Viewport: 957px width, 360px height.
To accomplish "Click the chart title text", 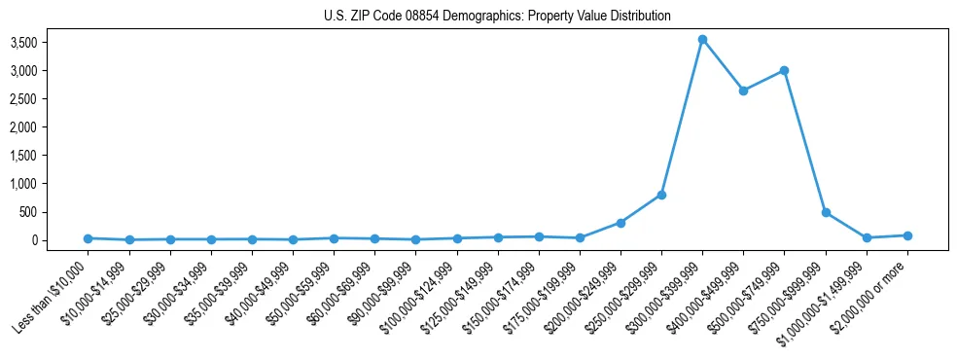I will click(x=497, y=17).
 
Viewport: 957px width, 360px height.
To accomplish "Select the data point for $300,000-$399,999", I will click(x=702, y=40).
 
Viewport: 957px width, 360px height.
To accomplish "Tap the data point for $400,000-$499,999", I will click(x=743, y=90).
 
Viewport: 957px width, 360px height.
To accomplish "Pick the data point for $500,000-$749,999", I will click(x=784, y=71).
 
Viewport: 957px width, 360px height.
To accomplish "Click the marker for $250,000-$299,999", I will click(x=661, y=195).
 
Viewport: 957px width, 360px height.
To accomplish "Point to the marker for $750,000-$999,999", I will click(x=826, y=212).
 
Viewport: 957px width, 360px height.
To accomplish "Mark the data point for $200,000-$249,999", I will click(x=620, y=223).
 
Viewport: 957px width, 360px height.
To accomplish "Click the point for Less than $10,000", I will click(x=88, y=238).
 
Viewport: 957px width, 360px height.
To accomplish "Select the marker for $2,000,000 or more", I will click(x=907, y=235).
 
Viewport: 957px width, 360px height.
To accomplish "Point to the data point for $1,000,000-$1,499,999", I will click(x=867, y=237).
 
